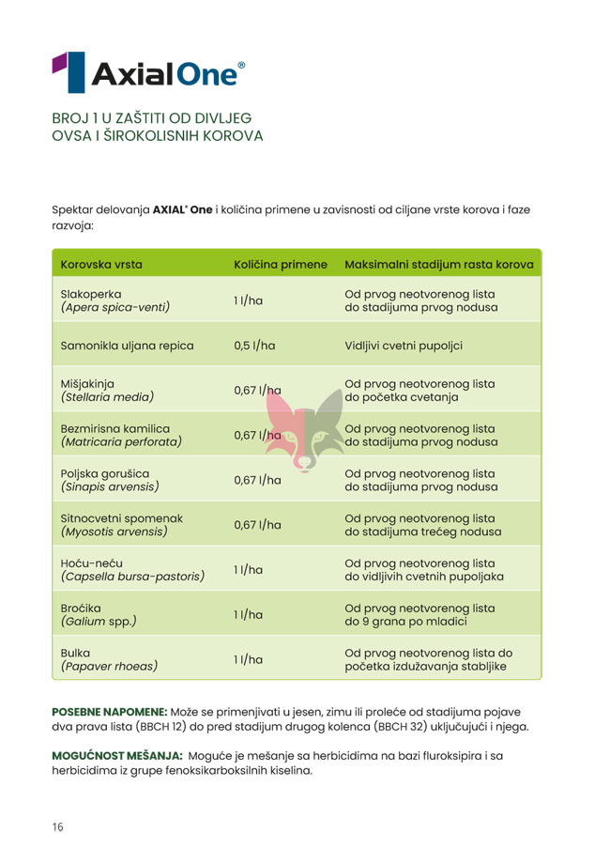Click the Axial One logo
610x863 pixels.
(x=149, y=72)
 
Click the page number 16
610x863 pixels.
(x=58, y=827)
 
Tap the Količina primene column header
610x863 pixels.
(x=281, y=265)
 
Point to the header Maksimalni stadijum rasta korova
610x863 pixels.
(x=439, y=265)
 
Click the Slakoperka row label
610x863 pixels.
(x=91, y=293)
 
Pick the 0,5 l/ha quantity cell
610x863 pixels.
(x=254, y=346)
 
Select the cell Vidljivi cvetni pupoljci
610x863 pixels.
(x=404, y=346)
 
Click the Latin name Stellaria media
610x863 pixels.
(x=107, y=396)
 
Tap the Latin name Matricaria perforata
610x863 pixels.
(x=121, y=441)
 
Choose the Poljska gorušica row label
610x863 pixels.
(x=105, y=472)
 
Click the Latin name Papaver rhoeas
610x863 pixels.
(x=109, y=667)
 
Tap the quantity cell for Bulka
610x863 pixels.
(x=248, y=659)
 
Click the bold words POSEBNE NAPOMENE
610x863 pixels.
(x=109, y=711)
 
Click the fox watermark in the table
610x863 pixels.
(x=305, y=427)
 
